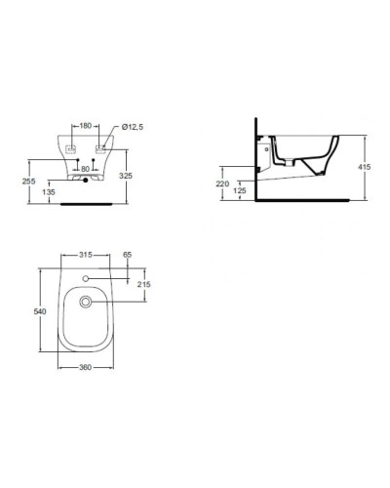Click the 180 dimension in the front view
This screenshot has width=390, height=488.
click(86, 126)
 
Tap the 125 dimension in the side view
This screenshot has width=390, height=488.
click(239, 191)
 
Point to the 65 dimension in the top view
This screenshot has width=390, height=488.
click(127, 255)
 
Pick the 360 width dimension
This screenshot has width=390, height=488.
click(86, 368)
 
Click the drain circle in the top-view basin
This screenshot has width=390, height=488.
click(86, 302)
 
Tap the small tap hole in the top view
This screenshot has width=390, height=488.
click(86, 279)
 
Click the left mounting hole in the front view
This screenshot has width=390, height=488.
click(71, 149)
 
